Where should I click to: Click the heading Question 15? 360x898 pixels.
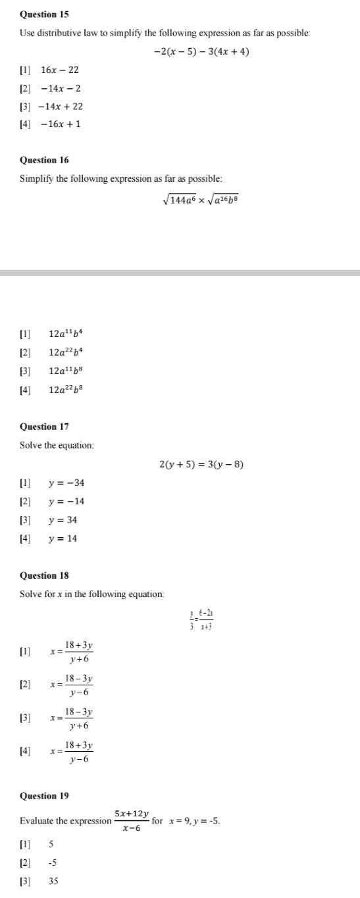(x=44, y=14)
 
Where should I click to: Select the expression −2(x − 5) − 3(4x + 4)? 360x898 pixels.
(x=201, y=52)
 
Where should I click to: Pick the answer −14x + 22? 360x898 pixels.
(x=60, y=106)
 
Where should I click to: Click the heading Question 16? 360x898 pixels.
(x=44, y=160)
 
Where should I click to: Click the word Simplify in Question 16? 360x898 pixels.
(x=36, y=178)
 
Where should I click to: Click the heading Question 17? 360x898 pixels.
(x=44, y=427)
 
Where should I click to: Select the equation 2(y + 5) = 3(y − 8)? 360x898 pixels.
(x=201, y=464)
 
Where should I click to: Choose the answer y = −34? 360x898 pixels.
(x=66, y=483)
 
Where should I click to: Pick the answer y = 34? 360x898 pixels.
(x=63, y=520)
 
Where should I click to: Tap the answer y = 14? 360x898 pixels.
(x=63, y=539)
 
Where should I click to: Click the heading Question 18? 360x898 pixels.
(x=44, y=575)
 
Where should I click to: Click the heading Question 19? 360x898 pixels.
(x=44, y=796)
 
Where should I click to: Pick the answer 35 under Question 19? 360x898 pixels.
(x=53, y=881)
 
